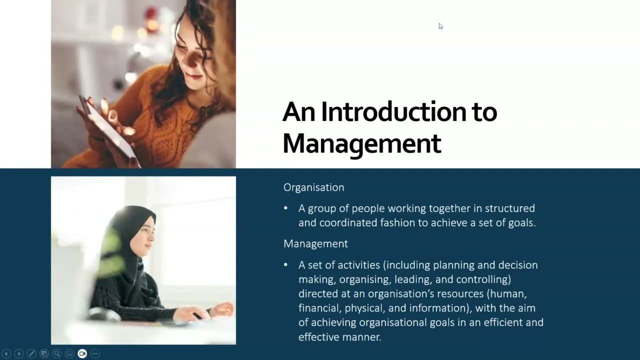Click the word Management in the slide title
361,143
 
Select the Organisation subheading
313,187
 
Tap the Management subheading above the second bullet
315,243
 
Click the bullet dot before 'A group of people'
286,208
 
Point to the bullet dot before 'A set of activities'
286,264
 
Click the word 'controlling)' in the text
482,279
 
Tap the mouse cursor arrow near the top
440,26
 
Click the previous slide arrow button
6,353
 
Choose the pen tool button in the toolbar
31,353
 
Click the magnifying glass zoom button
57,353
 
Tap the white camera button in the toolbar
82,353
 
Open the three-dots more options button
95,353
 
